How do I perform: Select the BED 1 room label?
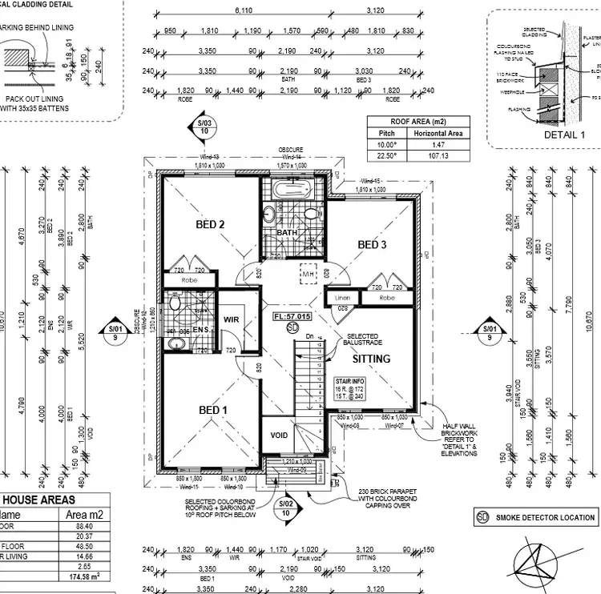pos(214,410)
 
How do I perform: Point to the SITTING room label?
pos(372,359)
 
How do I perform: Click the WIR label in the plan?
pos(232,319)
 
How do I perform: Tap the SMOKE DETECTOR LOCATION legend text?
pos(544,518)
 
